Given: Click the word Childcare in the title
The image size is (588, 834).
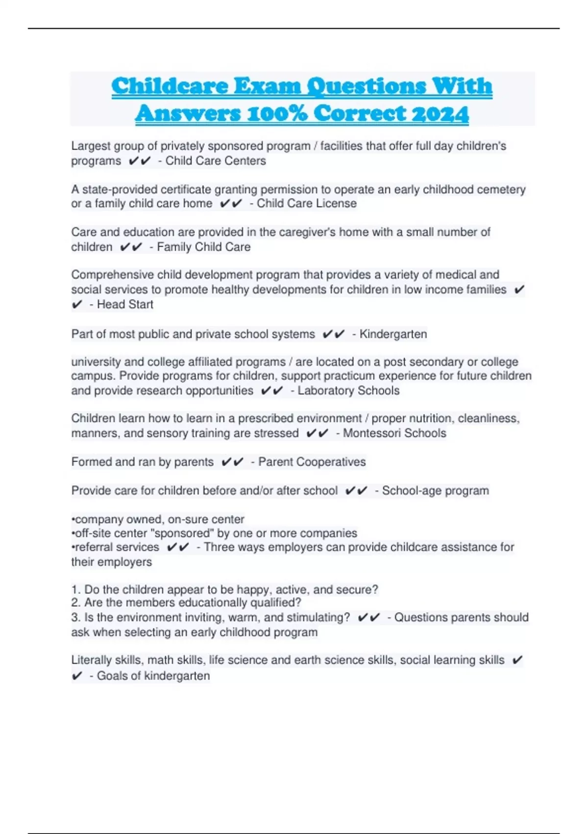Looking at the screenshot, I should click(x=170, y=86).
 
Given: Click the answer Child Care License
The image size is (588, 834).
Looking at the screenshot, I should click(x=307, y=204).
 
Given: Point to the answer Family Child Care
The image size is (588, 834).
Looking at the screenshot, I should click(x=204, y=247).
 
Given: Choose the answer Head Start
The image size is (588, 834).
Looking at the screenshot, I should click(x=125, y=305).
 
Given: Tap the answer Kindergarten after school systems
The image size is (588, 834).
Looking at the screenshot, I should click(x=393, y=334).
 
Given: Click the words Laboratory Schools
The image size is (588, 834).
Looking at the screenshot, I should click(x=348, y=391).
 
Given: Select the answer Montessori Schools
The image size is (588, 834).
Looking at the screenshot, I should click(x=394, y=433).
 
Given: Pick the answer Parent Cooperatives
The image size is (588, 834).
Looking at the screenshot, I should click(x=312, y=462).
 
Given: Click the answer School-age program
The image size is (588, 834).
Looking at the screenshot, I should click(x=435, y=491).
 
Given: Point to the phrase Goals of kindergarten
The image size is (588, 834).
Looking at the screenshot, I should click(x=153, y=676).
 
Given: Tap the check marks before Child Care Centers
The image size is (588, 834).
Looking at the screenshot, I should click(x=140, y=161).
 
